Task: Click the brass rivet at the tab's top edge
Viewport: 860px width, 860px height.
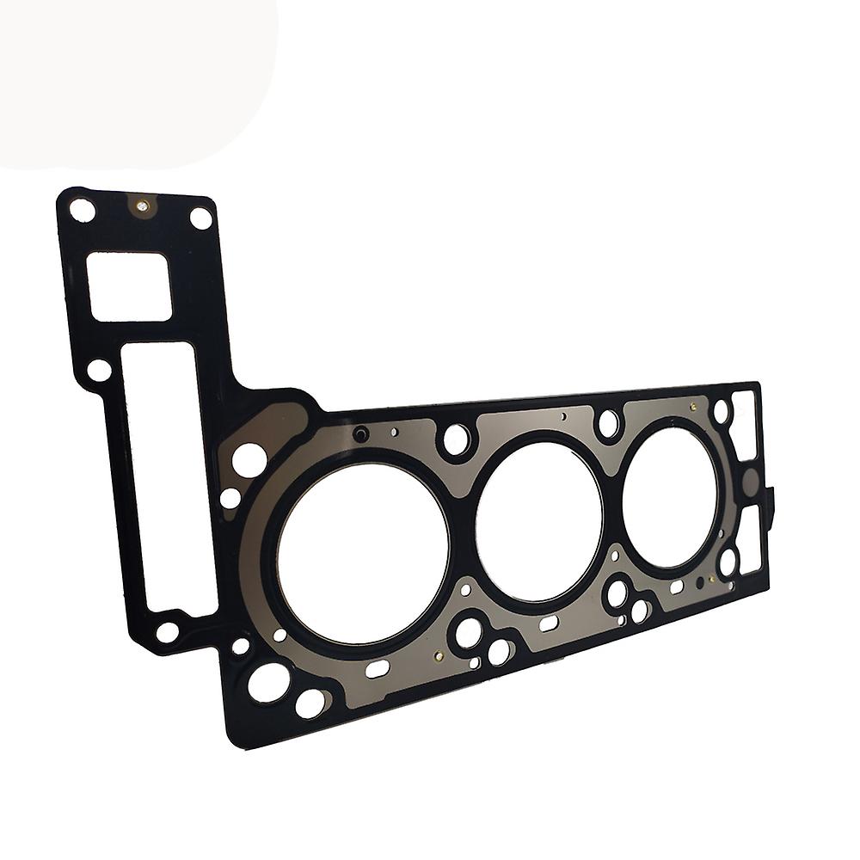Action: [143, 206]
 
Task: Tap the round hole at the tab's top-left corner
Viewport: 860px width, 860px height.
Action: [82, 209]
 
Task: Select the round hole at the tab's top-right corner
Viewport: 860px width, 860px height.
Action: [200, 218]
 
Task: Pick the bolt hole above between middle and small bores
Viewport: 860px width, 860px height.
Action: [608, 422]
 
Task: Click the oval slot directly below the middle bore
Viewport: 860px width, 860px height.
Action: [549, 621]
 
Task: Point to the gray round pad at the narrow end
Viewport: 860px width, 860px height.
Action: [750, 478]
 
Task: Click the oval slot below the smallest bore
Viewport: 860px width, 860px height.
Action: [676, 586]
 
